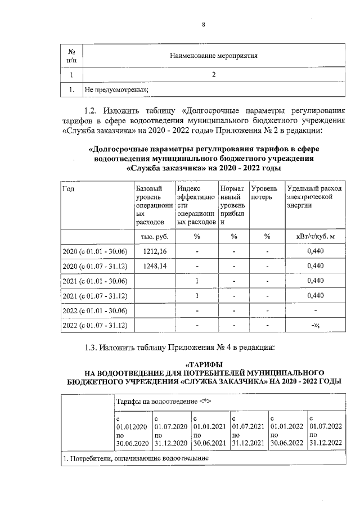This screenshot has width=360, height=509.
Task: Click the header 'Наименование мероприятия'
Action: click(213, 56)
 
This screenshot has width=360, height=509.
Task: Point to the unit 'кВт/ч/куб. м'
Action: click(315, 237)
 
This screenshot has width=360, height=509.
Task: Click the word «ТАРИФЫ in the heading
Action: click(204, 364)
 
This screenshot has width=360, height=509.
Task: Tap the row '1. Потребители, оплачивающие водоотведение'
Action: click(135, 458)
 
